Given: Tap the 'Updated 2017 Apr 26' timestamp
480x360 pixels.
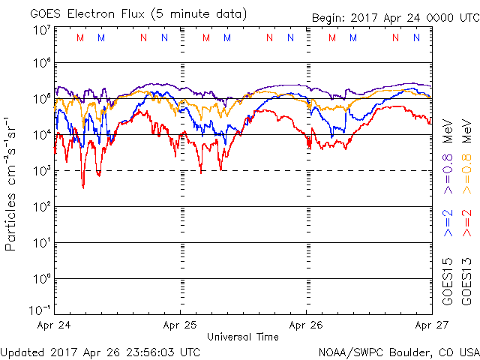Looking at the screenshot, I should tap(100, 351).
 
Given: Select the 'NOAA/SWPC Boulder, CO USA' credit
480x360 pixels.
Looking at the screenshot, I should tap(398, 351).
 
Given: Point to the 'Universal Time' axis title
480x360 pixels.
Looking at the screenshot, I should tap(242, 337).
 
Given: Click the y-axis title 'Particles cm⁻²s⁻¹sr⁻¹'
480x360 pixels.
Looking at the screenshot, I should tap(13, 184).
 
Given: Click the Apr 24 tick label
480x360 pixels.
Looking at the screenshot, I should tap(54, 325).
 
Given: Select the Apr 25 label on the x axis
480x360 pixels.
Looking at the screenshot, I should tap(180, 325).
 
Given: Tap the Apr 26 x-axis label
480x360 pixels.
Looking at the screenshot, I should tap(306, 325).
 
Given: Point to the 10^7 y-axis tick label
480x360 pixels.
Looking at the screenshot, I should tap(41, 30).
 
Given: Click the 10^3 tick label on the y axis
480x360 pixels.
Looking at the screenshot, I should tap(41, 171).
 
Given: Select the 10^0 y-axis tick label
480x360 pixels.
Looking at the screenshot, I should tap(41, 279).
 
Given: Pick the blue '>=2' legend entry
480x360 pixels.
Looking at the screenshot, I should tap(448, 223).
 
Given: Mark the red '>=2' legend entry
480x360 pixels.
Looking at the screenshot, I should tap(466, 223).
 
